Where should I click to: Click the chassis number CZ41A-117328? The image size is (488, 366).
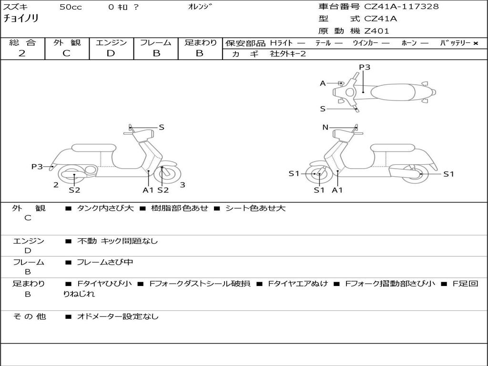[401, 7]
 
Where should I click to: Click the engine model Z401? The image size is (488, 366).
[376, 31]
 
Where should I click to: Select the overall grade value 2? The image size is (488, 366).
[22, 53]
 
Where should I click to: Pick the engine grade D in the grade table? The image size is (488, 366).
[111, 53]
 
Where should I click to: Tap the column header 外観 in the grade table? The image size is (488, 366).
[67, 42]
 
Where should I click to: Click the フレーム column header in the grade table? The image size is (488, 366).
[155, 42]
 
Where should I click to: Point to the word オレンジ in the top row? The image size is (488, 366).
[200, 7]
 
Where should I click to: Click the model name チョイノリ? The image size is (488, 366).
[21, 19]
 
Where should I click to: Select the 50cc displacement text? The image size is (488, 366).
[70, 7]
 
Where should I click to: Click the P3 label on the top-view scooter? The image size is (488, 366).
[364, 67]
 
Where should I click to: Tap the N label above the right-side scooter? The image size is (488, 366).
[325, 127]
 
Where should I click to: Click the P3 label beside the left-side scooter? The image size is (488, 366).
[37, 167]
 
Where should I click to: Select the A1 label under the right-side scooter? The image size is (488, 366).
[337, 190]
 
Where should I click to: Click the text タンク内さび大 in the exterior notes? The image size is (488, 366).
[105, 208]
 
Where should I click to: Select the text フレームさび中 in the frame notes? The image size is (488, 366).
[105, 262]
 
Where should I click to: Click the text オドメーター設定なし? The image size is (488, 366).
[118, 316]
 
